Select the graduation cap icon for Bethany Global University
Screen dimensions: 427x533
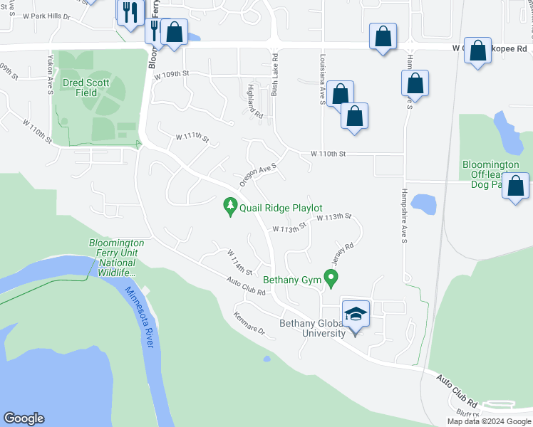pyautogui.click(x=356, y=313)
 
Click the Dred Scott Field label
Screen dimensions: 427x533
pyautogui.click(x=86, y=88)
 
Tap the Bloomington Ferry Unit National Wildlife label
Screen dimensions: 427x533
pyautogui.click(x=116, y=258)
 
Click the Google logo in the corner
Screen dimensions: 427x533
pyautogui.click(x=24, y=418)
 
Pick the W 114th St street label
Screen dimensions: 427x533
pyautogui.click(x=240, y=263)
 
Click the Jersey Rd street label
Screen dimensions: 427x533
pyautogui.click(x=343, y=252)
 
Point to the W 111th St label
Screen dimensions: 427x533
pyautogui.click(x=192, y=137)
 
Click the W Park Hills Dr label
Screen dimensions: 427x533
pyautogui.click(x=47, y=16)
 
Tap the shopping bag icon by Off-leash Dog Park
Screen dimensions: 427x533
pyautogui.click(x=515, y=187)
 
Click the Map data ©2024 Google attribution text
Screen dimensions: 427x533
pyautogui.click(x=488, y=421)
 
